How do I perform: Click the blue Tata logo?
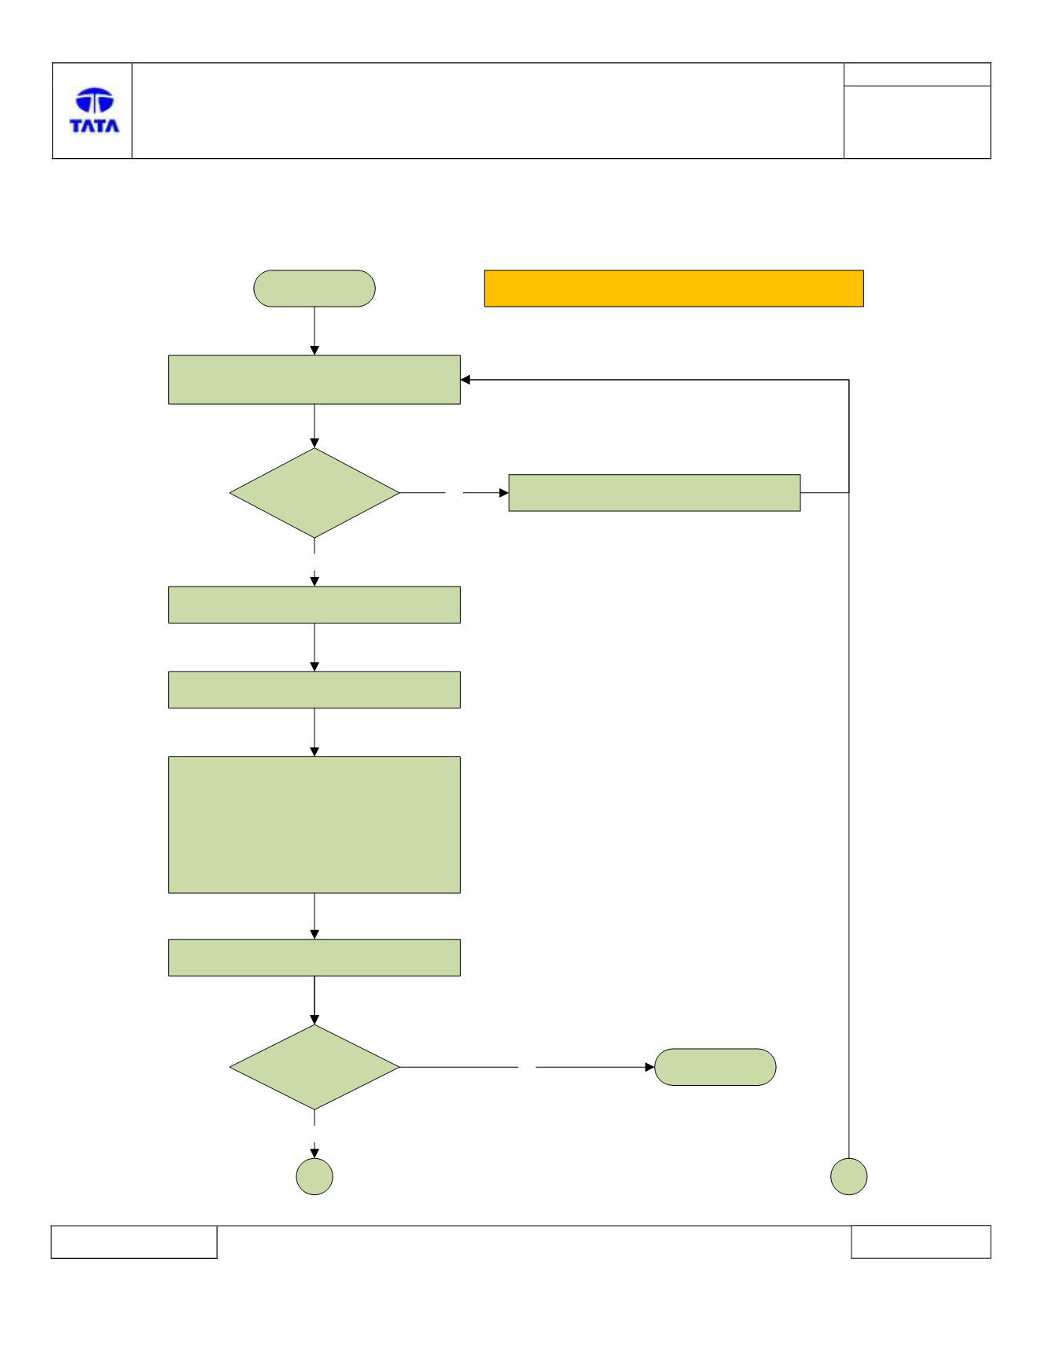tap(94, 110)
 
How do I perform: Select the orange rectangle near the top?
tap(674, 289)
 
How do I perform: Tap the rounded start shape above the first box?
tap(314, 289)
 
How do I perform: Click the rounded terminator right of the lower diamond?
tap(715, 1067)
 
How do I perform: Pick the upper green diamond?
tap(314, 493)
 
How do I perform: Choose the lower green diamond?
tap(314, 1067)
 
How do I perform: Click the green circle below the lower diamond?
tap(314, 1177)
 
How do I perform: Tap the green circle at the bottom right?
tap(849, 1177)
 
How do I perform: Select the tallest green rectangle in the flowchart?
tap(314, 825)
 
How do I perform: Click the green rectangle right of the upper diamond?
tap(654, 493)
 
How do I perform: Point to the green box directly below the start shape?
tap(314, 380)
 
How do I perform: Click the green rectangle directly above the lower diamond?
tap(314, 958)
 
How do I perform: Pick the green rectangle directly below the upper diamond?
tap(314, 605)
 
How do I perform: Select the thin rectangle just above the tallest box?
tap(314, 690)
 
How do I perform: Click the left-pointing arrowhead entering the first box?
tap(465, 380)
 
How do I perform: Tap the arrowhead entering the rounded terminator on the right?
tap(649, 1067)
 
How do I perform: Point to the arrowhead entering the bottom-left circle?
tap(314, 1153)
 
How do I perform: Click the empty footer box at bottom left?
tap(134, 1241)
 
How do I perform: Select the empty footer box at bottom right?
tap(921, 1241)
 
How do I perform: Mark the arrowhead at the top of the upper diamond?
tap(314, 443)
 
